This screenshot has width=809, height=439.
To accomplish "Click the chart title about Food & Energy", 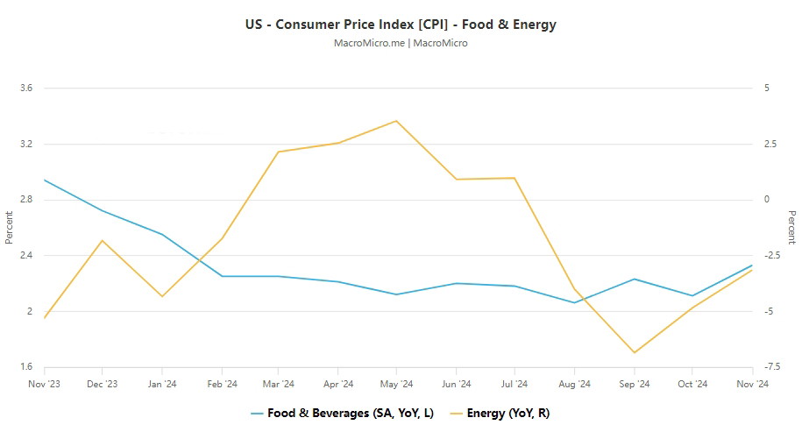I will point(401,25).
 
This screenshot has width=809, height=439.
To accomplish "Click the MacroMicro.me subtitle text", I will point(401,43).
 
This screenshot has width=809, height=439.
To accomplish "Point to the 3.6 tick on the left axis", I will point(25,89).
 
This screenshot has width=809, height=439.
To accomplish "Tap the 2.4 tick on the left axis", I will point(25,256).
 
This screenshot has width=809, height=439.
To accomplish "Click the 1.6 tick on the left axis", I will point(25,367).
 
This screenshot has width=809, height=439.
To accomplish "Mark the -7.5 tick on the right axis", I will point(771,367).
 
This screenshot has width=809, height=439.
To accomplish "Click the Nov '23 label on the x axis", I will point(44,384).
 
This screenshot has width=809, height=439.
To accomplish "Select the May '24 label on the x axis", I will point(397,384).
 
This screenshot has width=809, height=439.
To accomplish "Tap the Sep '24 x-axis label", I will point(634,384).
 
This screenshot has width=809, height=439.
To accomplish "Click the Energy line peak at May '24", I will point(396,121).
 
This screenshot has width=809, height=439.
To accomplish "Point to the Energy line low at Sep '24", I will point(634,353).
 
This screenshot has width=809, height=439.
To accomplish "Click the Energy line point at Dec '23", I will point(103,240).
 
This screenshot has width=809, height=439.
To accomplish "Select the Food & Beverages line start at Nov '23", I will point(44,180).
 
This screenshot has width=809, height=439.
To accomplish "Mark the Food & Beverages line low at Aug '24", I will point(574,302).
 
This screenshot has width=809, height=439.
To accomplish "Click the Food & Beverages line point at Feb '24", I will point(221,276).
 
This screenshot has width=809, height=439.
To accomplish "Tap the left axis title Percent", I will point(9,227).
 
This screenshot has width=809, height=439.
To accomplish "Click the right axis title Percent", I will point(791,227).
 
